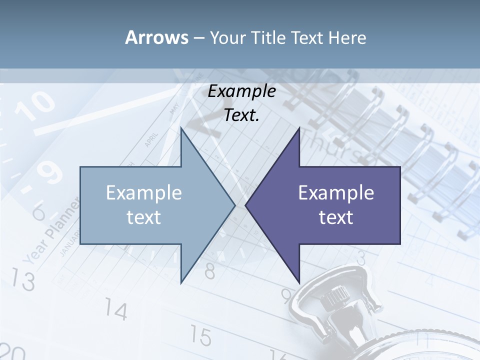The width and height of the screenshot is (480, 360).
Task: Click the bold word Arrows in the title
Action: tap(156, 37)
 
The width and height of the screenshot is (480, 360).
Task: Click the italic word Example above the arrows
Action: tap(242, 91)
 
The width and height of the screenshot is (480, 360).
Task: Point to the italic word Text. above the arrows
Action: tap(242, 115)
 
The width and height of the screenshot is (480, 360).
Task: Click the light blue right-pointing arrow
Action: tap(150, 205)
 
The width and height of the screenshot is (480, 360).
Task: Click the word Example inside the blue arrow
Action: tap(144, 193)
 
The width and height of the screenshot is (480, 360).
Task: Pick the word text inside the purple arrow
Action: tap(336, 217)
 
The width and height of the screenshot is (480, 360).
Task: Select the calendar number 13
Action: tap(22, 280)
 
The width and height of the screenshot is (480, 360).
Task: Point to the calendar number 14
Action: tap(116, 311)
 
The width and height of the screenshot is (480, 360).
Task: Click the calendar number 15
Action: tap(200, 336)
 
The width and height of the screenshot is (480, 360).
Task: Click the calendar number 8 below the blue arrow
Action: tap(210, 271)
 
